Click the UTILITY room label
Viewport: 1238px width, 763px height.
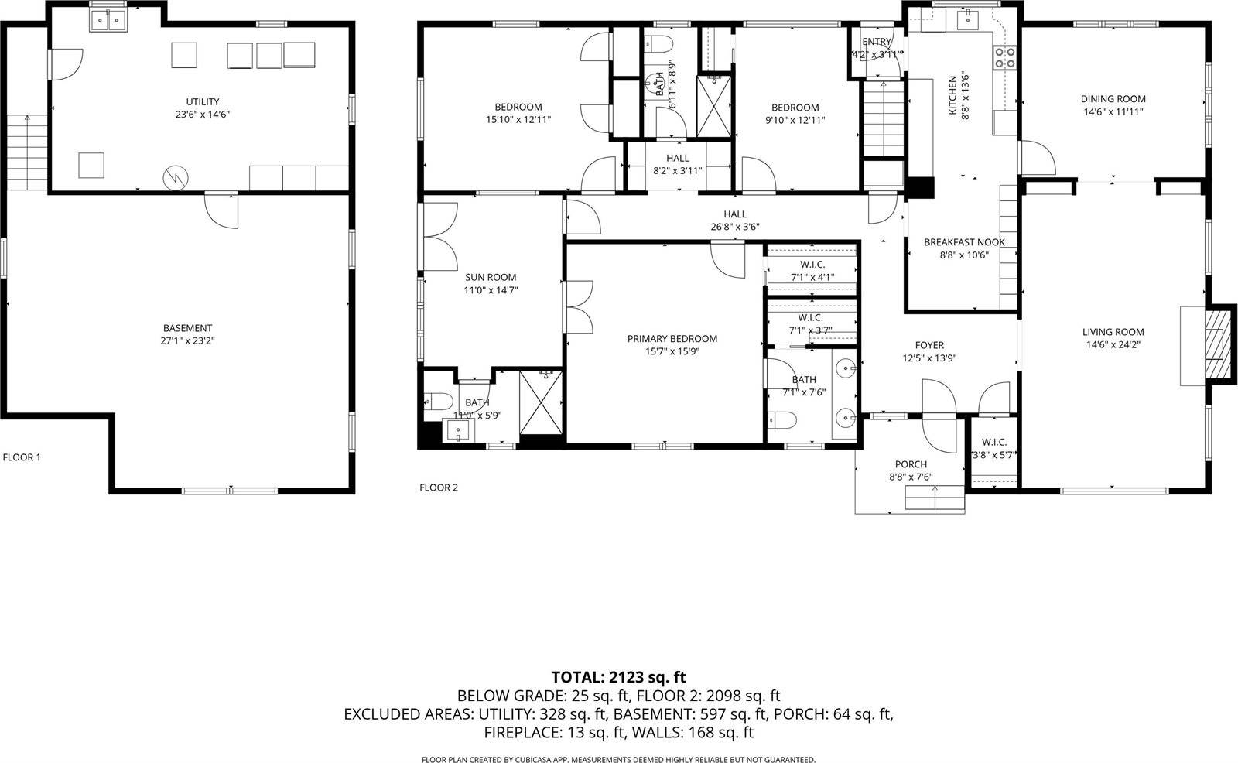(202, 101)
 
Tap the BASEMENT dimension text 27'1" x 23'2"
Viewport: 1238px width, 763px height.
(187, 340)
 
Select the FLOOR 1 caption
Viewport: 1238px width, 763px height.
(22, 457)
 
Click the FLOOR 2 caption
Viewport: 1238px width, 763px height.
(439, 488)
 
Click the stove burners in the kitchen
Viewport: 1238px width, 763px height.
(1005, 56)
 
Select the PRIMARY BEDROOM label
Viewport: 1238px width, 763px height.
(672, 339)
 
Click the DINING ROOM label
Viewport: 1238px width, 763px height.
(1113, 99)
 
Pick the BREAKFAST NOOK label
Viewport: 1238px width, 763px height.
(964, 242)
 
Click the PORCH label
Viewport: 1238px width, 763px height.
(911, 464)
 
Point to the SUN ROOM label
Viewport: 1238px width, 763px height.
(490, 277)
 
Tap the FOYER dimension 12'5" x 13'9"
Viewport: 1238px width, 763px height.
(929, 358)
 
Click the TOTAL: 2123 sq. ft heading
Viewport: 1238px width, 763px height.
(618, 677)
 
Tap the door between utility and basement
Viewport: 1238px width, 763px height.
(221, 209)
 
